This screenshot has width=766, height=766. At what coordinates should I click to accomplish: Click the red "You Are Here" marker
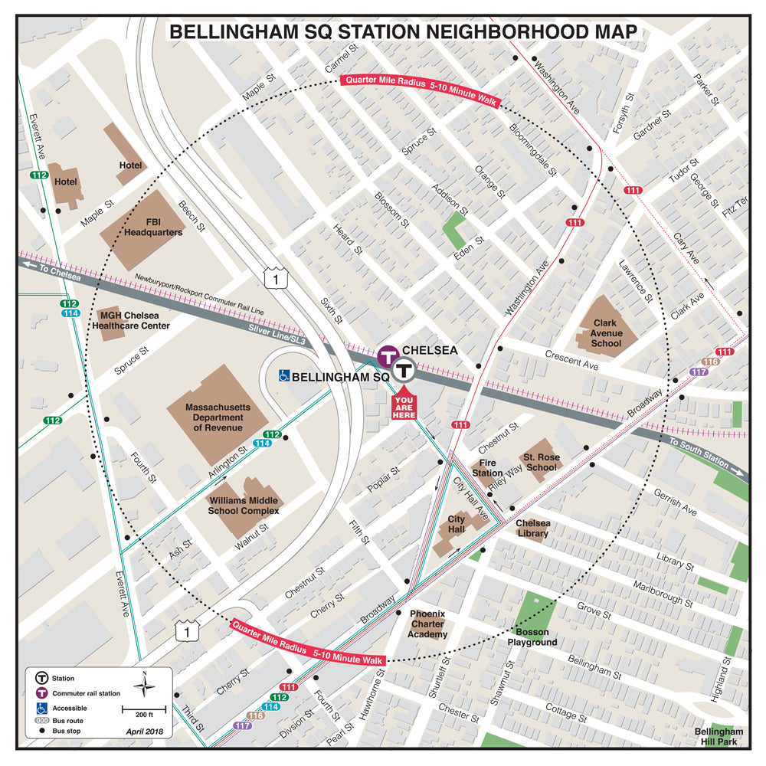click(404, 404)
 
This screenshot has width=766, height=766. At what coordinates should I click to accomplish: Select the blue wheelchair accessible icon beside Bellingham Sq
click(283, 376)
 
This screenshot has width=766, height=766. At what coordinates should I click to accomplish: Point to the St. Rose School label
click(540, 462)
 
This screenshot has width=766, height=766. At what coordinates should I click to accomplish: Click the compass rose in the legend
click(145, 683)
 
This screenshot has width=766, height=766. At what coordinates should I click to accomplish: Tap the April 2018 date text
click(145, 732)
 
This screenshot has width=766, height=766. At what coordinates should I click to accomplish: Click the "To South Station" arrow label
click(701, 453)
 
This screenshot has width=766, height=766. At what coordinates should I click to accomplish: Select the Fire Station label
click(487, 468)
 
